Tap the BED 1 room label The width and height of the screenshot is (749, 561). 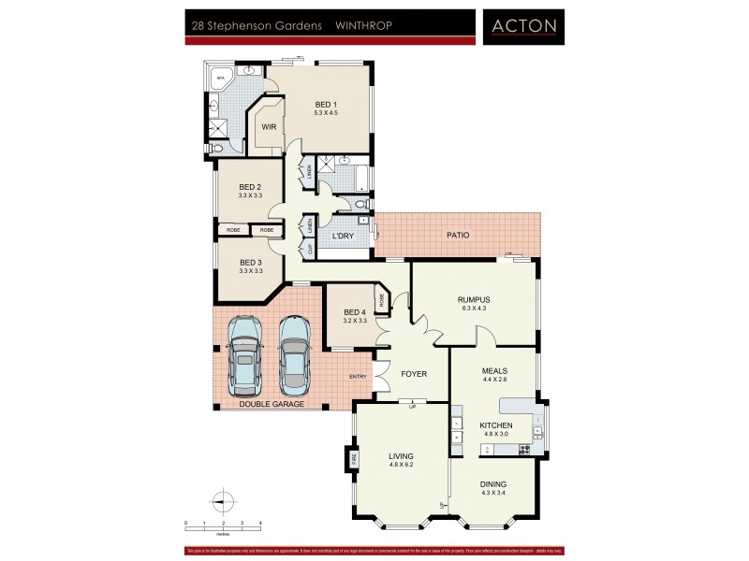326,104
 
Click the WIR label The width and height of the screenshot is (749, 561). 268,126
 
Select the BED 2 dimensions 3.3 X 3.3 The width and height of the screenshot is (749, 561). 250,195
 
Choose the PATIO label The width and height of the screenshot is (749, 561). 458,235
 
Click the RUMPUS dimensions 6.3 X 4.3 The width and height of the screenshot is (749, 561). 474,309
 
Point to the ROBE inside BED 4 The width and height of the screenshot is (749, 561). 381,299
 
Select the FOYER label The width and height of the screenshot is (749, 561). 414,374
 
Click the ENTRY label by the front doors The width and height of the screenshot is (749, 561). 358,376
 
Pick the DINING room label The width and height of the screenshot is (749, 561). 493,484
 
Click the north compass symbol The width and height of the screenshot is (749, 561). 222,501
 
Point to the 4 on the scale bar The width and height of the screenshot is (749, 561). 260,524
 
